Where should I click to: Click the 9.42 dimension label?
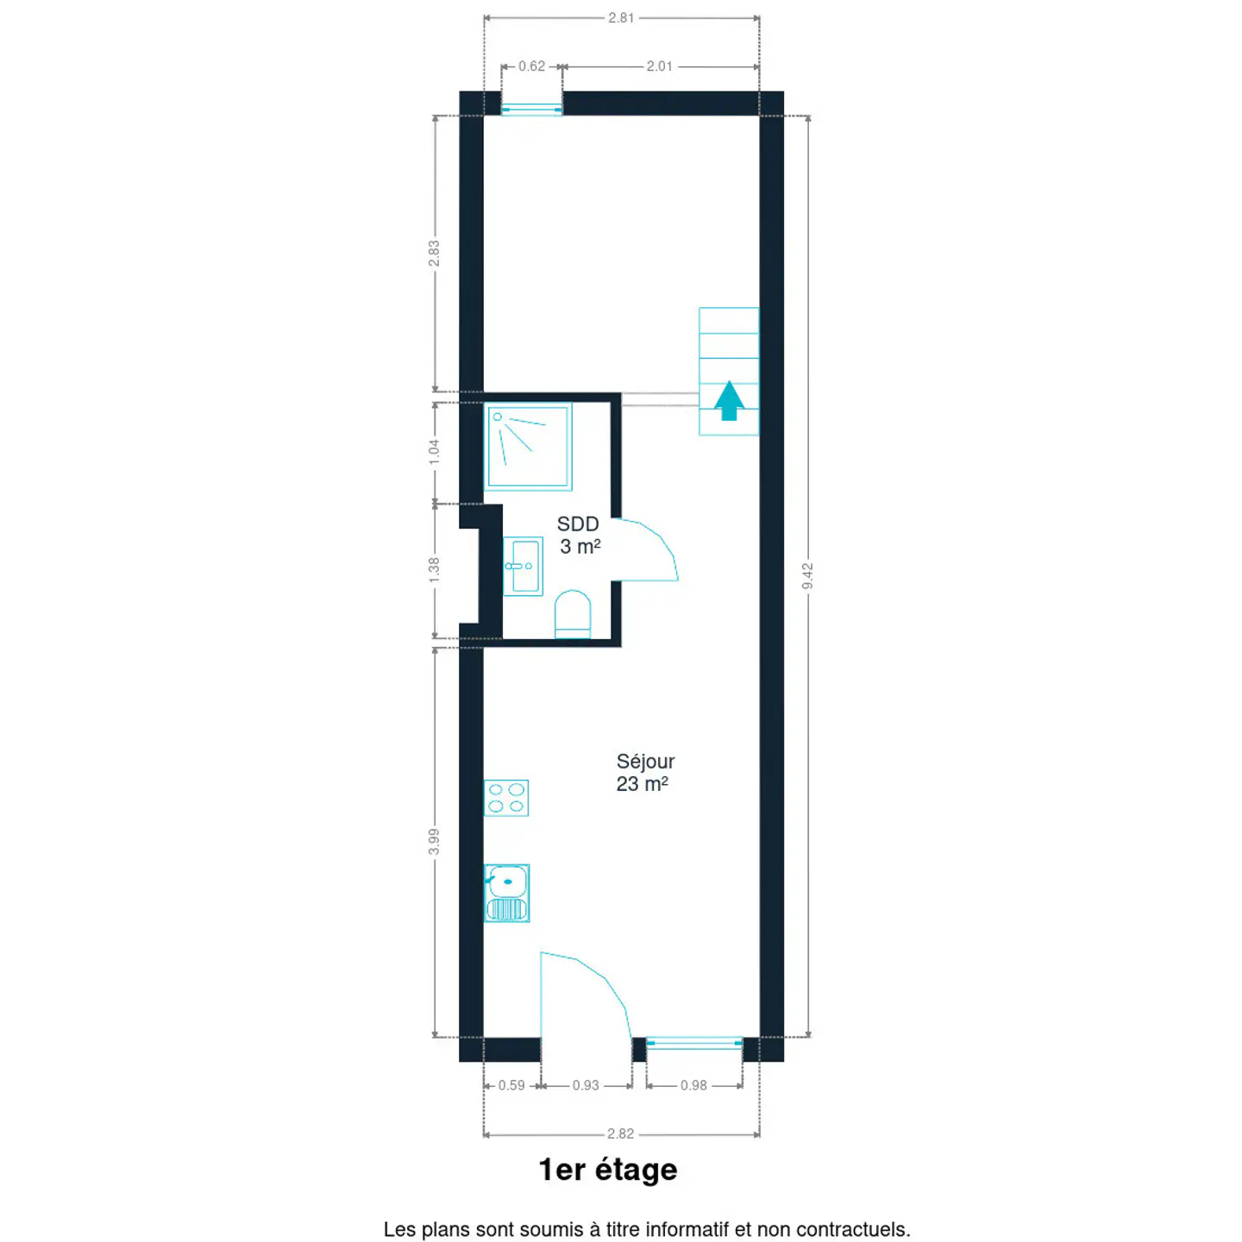(x=807, y=575)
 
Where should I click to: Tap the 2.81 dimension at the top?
(x=621, y=18)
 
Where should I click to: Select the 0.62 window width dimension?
(x=532, y=66)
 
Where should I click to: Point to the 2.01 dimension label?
(x=659, y=66)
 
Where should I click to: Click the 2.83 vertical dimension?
(x=435, y=254)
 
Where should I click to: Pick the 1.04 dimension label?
(x=435, y=452)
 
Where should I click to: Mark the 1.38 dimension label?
(x=435, y=570)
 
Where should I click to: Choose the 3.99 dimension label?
(x=435, y=842)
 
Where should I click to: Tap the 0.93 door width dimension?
(x=586, y=1085)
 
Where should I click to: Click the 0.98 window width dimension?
(x=694, y=1085)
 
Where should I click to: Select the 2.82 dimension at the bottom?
(x=621, y=1133)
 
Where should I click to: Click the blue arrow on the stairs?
(x=729, y=400)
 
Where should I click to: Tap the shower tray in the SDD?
(x=528, y=447)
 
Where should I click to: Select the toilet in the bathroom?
(x=573, y=614)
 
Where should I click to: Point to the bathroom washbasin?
(x=523, y=567)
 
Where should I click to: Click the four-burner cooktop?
(x=506, y=798)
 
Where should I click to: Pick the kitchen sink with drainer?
(x=506, y=894)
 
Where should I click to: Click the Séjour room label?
(x=644, y=772)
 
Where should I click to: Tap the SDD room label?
(x=579, y=535)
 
